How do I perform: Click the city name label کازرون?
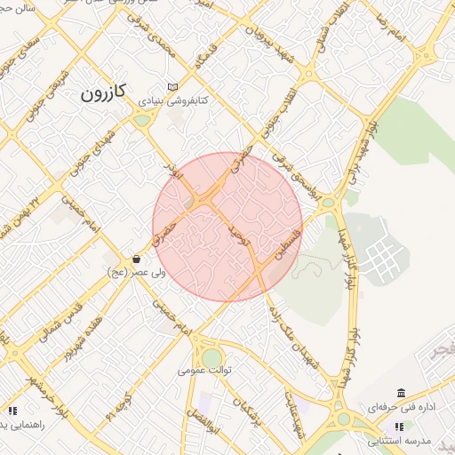coord(105,91)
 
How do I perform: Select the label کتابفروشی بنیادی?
coord(172,101)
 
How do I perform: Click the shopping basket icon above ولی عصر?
coord(136,259)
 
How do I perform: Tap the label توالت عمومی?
coord(204,369)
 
